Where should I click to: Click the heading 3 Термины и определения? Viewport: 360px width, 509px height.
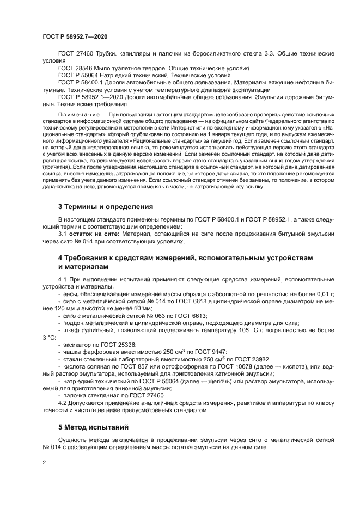pyautogui.click(x=105, y=207)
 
